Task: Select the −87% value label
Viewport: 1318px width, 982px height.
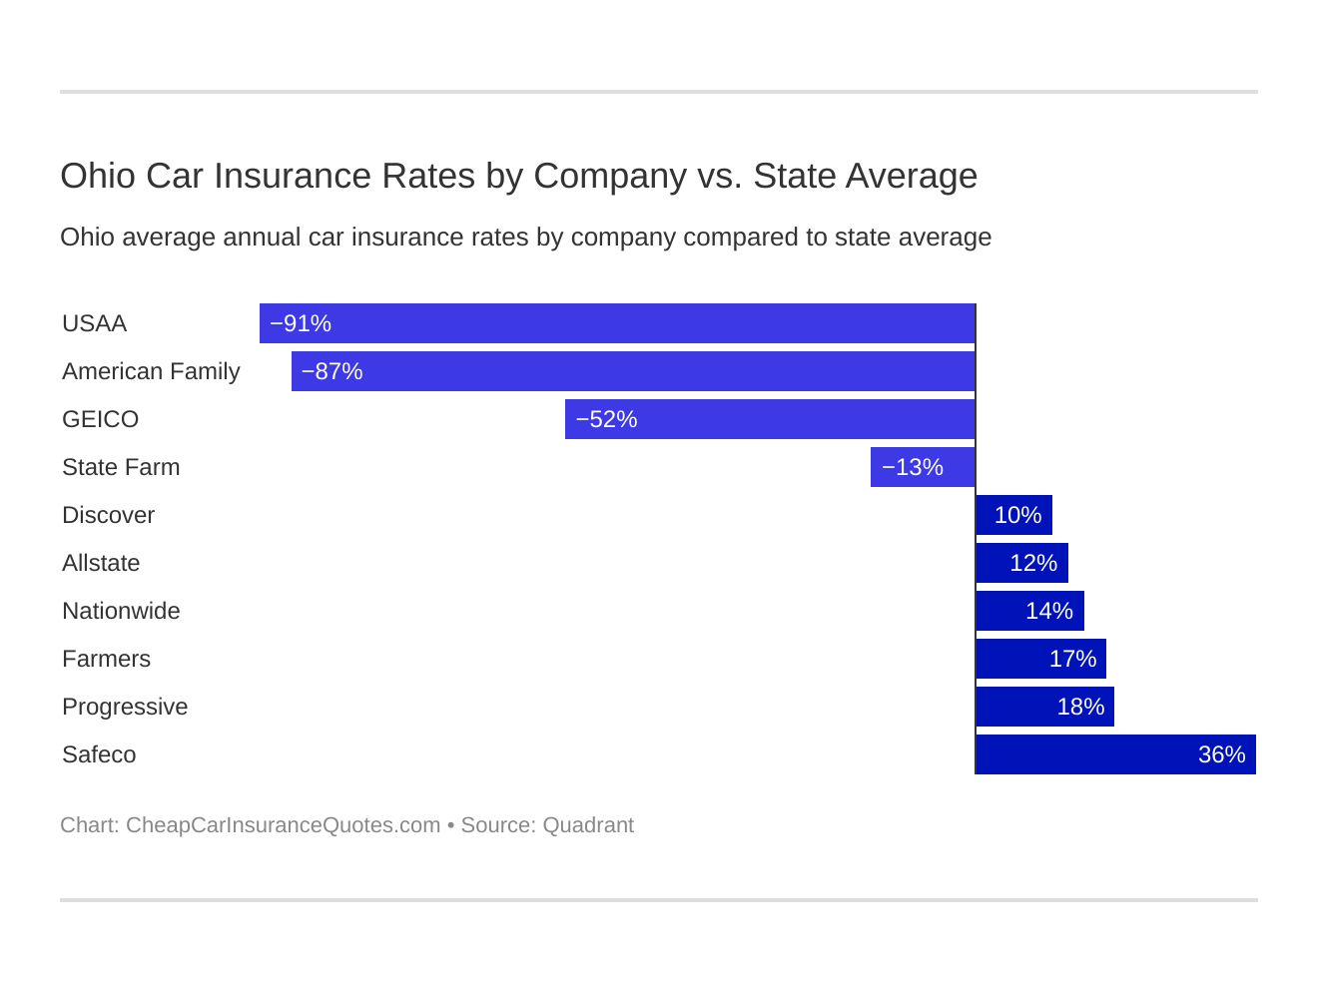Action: [x=331, y=371]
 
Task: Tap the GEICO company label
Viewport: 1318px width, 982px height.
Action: [x=100, y=419]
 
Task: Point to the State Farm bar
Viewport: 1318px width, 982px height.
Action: [x=923, y=467]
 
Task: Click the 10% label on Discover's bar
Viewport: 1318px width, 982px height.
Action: [x=1017, y=515]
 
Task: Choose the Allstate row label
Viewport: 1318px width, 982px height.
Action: [x=101, y=563]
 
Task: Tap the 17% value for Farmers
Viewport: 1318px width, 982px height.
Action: [x=1072, y=659]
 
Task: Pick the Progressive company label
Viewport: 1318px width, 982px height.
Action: [x=125, y=707]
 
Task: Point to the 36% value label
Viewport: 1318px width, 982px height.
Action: [x=1221, y=754]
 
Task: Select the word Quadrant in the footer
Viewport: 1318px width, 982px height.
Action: [x=588, y=825]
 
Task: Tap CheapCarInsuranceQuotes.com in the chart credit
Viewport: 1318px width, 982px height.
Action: [x=283, y=825]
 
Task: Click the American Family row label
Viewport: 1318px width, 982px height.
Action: [x=151, y=371]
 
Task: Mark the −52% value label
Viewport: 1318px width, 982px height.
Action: [x=606, y=419]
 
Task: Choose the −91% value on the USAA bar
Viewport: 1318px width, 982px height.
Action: [x=301, y=323]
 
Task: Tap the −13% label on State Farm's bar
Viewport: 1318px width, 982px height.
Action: [x=912, y=467]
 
